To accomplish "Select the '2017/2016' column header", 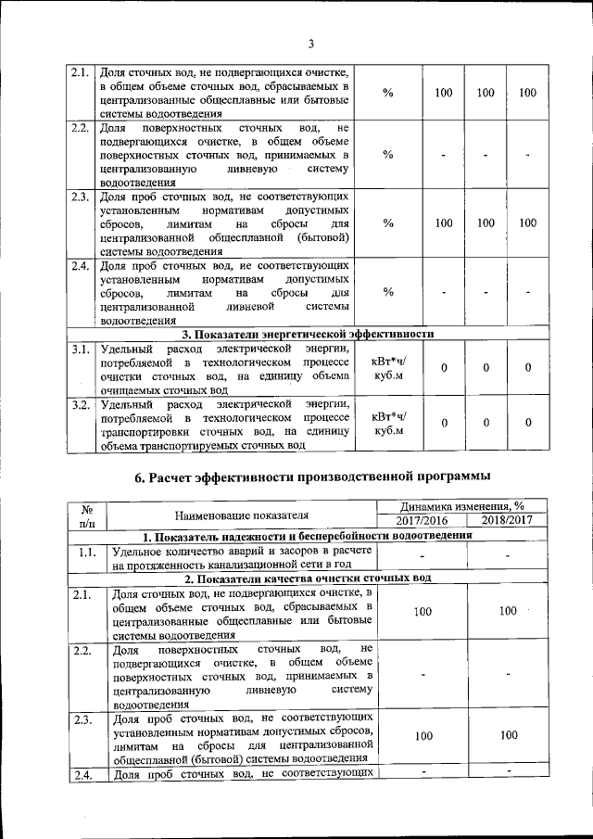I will click(x=422, y=521).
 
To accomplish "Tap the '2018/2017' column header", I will click(x=507, y=521).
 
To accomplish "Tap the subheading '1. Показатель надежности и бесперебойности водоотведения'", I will click(x=306, y=536).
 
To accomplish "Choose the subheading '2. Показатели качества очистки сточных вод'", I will click(x=306, y=578).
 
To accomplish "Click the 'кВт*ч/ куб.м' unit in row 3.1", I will click(x=389, y=369).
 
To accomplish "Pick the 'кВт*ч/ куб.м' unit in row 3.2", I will click(x=389, y=423).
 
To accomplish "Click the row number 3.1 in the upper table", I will click(x=80, y=350).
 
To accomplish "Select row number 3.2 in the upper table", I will click(x=80, y=404).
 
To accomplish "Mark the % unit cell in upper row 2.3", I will click(x=389, y=223).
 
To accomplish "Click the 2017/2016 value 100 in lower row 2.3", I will click(x=423, y=736).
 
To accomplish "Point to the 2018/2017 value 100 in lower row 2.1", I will click(x=507, y=612).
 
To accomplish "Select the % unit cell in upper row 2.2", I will click(x=389, y=154).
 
